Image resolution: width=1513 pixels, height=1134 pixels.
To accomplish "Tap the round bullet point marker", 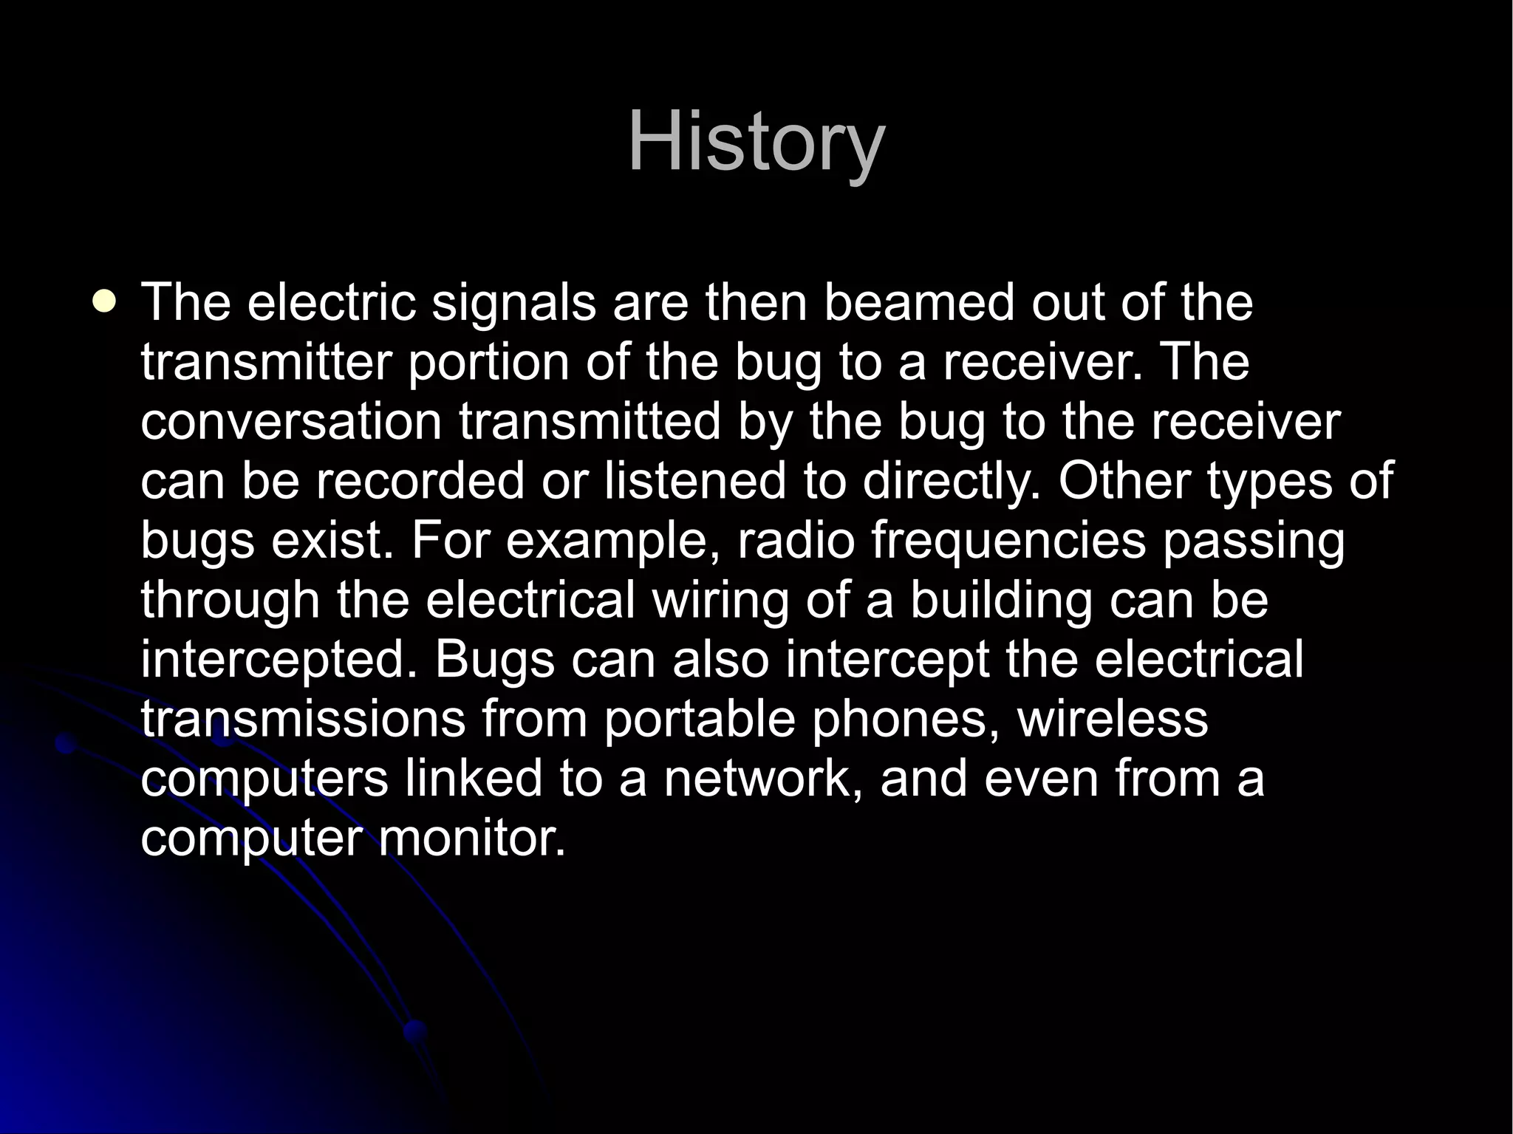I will (x=106, y=303).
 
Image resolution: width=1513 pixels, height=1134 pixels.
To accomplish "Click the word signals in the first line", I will (x=513, y=303).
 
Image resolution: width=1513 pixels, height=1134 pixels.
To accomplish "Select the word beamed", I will (x=919, y=303).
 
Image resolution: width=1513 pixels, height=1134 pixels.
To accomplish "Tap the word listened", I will (x=694, y=481).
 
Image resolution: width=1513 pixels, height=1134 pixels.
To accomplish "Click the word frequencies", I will (x=1008, y=541).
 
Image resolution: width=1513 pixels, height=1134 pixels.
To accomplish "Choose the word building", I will (x=1000, y=600).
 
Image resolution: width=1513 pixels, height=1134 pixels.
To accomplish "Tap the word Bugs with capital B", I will (x=493, y=660).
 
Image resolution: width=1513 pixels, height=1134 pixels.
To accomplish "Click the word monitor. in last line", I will (x=471, y=838).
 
